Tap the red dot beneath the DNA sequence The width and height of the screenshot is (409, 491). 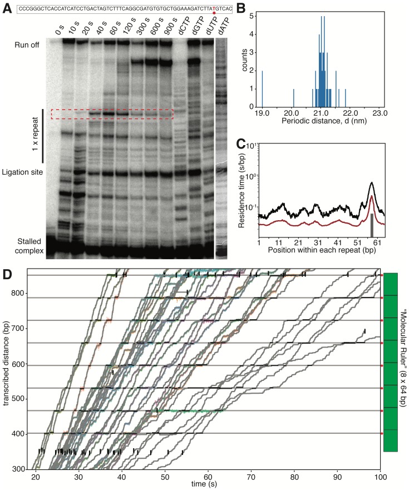(x=214, y=13)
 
